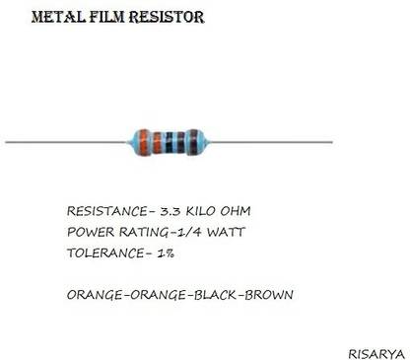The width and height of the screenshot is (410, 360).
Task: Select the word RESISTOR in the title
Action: click(x=170, y=18)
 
